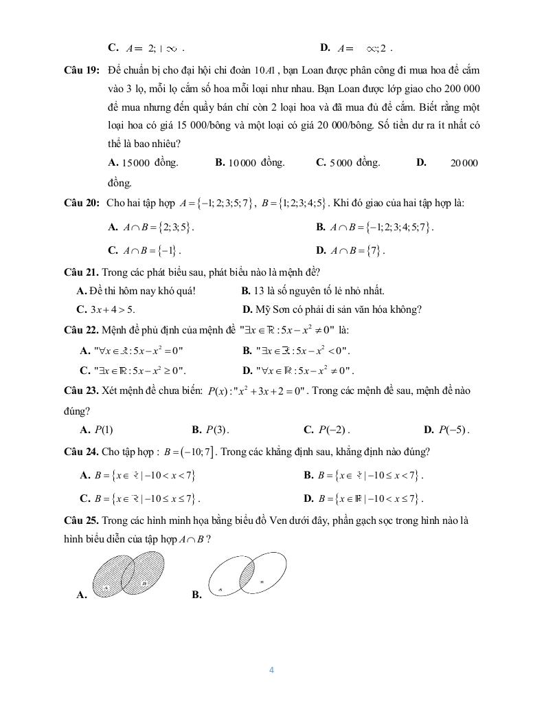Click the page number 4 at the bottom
(x=272, y=670)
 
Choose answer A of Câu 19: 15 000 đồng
(x=144, y=163)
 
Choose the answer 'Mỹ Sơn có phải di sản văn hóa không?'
(x=332, y=309)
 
